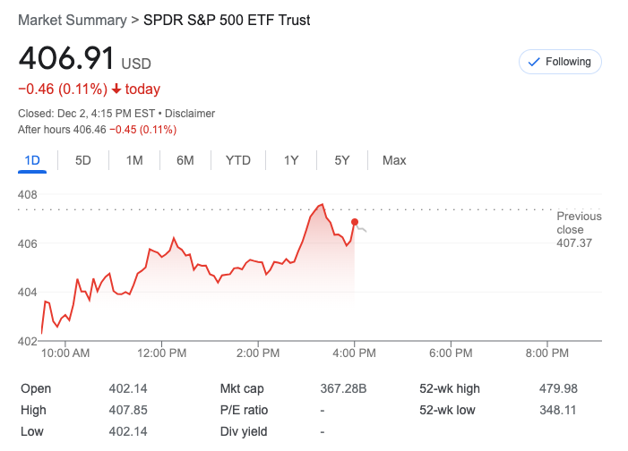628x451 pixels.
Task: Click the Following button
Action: coord(560,62)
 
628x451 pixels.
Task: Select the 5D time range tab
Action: coord(83,160)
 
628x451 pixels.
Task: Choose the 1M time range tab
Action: coord(134,160)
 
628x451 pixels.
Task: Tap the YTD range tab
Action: coord(237,160)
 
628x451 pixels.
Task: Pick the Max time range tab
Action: coord(394,160)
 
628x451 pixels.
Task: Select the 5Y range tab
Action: coord(342,160)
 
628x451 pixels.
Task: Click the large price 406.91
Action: coord(66,59)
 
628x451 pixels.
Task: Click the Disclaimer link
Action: coord(190,114)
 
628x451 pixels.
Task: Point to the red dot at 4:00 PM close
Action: coord(356,222)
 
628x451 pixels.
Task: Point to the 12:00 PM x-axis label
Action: coord(162,353)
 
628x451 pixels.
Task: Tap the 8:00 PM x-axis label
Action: coord(546,353)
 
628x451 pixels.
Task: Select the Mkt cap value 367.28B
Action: coord(344,388)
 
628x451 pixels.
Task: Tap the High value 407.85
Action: coord(128,410)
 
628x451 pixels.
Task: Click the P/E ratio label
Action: coord(244,410)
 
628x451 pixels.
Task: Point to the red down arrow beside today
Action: coord(116,89)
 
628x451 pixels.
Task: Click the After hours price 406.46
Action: coord(88,130)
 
